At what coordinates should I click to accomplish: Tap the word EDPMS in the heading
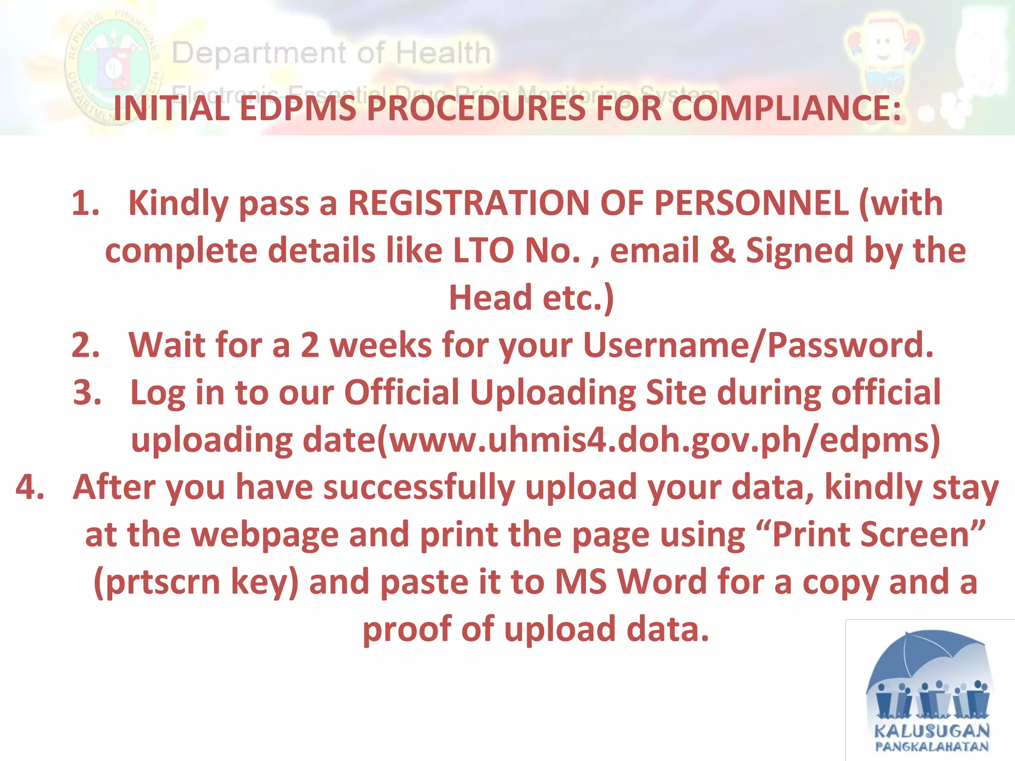coord(298,109)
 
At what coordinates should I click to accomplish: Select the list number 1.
coord(85,203)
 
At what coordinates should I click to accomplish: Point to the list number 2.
coord(85,345)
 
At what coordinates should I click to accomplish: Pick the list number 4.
coord(30,487)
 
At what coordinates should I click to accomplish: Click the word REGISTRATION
coord(468,203)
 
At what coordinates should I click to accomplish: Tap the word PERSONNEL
coord(751,203)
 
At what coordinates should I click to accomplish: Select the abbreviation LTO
coord(483,251)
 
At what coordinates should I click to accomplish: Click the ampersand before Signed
coord(722,251)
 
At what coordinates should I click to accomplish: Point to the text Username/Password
coord(758,345)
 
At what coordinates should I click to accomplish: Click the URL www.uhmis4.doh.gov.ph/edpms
coord(659,440)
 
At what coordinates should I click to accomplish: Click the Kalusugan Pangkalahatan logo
coord(931,691)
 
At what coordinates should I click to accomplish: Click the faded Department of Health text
coord(331,53)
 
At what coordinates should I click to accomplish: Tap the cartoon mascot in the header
coord(884,54)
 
